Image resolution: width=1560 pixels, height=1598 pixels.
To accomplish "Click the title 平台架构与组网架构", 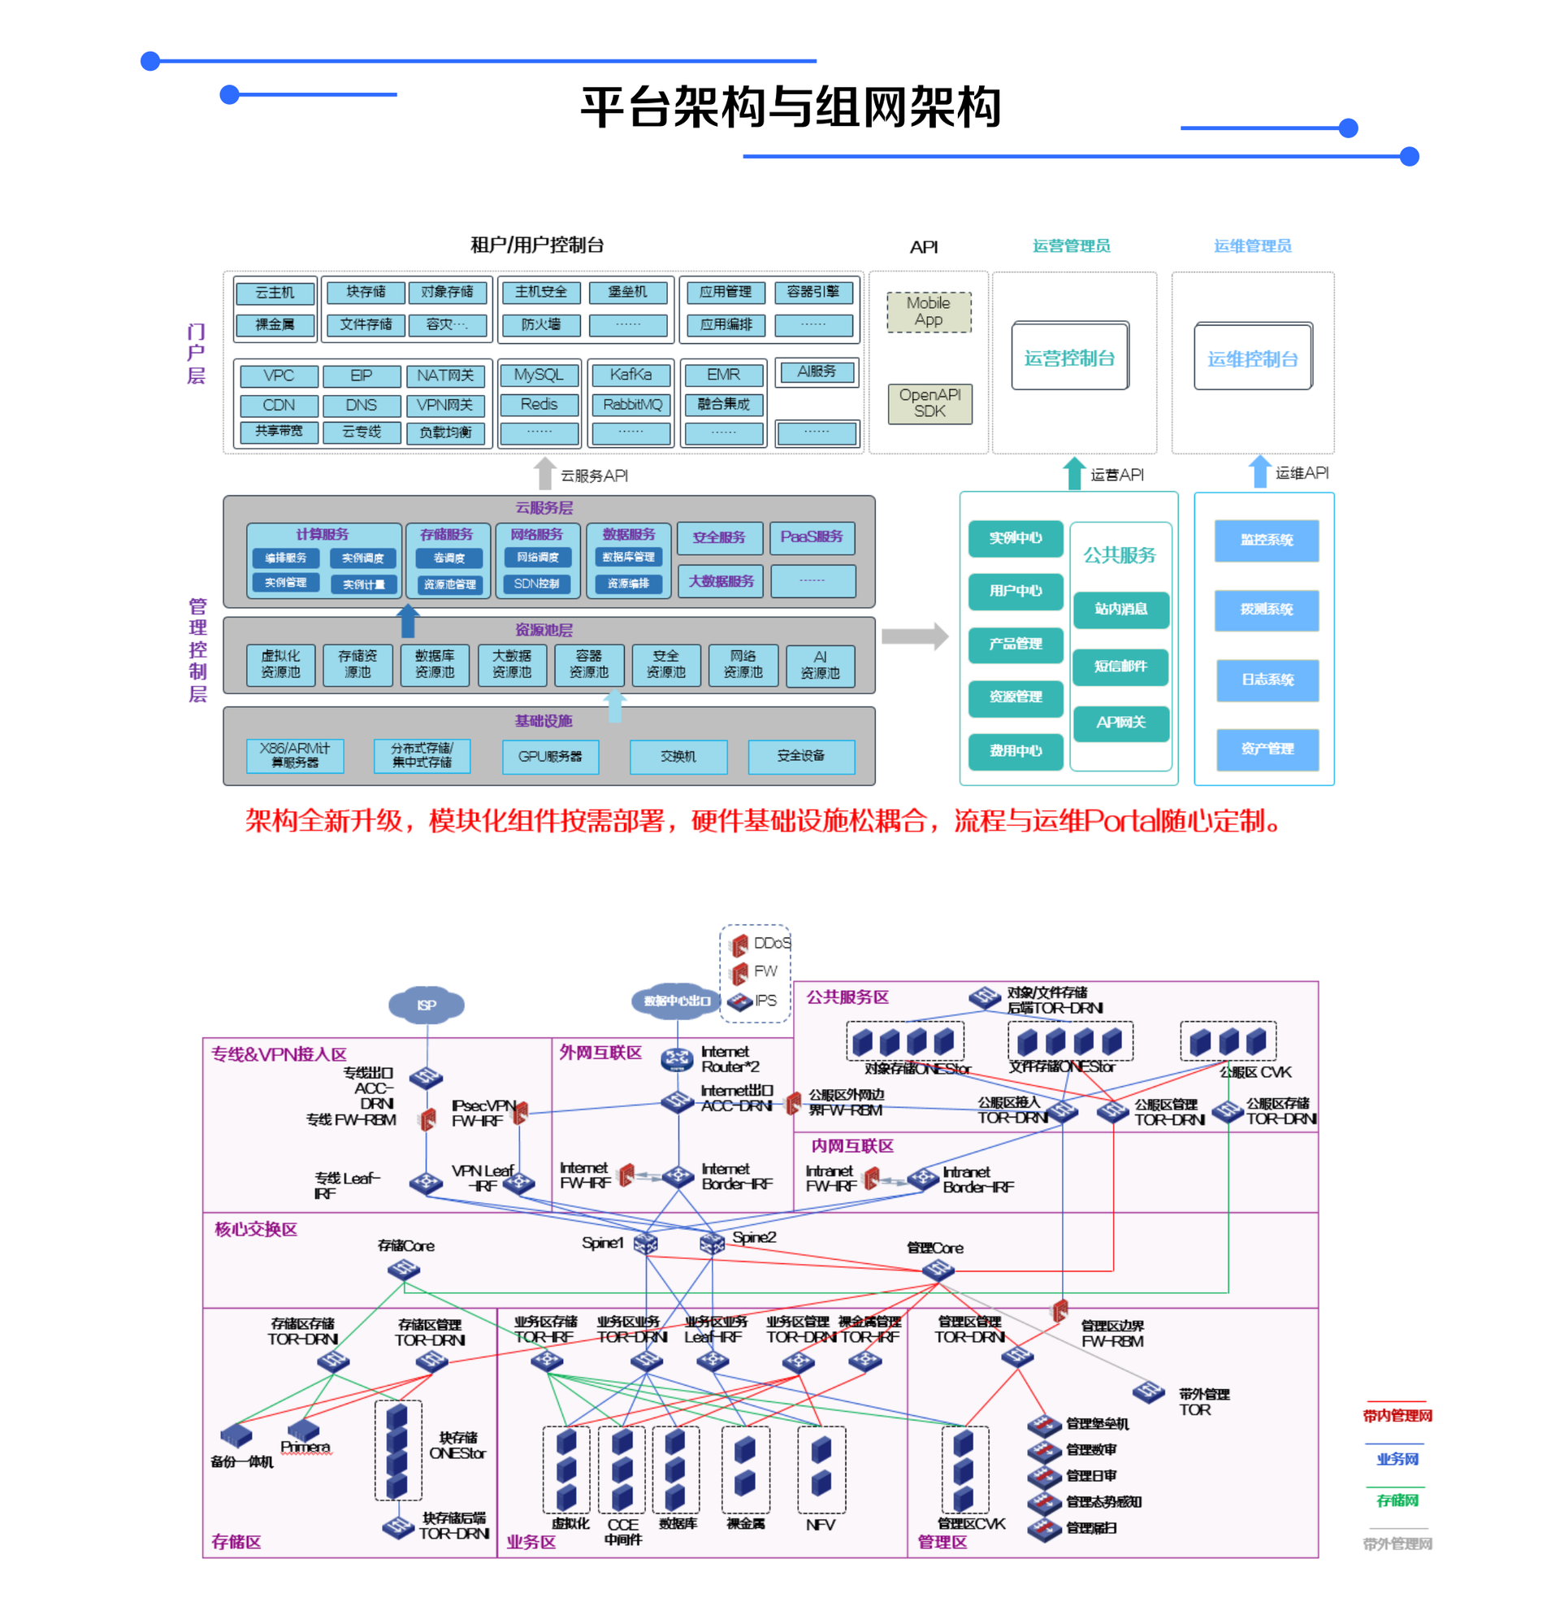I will (791, 107).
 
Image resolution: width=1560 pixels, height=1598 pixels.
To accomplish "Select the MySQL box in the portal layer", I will (539, 376).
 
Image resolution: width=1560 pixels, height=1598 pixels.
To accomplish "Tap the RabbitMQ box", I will (631, 405).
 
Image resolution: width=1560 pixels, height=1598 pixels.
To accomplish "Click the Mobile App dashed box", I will (929, 312).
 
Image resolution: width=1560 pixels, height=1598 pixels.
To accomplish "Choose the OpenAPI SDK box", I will (930, 403).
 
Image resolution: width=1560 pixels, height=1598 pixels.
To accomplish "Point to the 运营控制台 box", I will (1070, 358).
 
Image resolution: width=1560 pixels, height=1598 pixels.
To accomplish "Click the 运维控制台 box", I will (1253, 358).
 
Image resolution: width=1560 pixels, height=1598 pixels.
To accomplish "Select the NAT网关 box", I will (445, 376).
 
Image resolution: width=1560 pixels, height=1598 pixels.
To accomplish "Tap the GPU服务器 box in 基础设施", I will (550, 757).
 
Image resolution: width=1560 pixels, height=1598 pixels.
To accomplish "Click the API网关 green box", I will (1120, 723).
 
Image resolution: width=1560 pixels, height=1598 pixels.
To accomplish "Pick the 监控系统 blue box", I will (1267, 541).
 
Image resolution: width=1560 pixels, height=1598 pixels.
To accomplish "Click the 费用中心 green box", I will (1016, 751).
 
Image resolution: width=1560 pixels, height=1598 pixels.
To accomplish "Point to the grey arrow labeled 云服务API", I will (544, 475).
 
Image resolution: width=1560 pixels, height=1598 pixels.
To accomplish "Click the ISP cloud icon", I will (426, 1005).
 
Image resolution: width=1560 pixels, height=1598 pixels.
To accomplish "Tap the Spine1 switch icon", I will (646, 1244).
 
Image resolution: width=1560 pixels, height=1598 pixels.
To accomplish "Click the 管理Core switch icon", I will (938, 1270).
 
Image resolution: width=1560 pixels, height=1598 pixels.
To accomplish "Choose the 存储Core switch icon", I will (404, 1270).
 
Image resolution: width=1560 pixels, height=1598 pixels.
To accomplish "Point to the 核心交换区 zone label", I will (256, 1229).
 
